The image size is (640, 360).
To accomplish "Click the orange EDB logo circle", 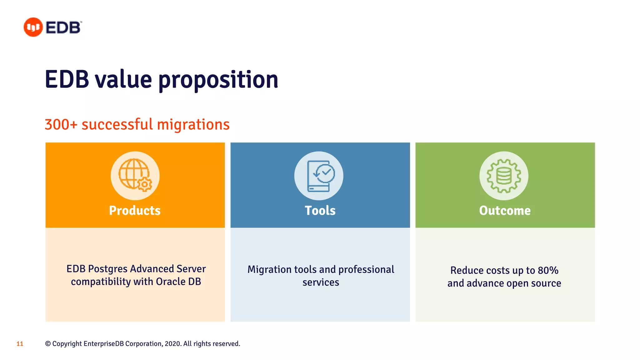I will click(x=33, y=27).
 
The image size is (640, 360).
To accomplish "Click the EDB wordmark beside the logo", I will click(x=63, y=27).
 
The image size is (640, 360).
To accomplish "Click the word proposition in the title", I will click(x=218, y=80).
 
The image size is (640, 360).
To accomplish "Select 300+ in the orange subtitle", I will click(x=61, y=124).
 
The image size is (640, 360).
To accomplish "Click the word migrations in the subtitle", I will click(x=193, y=124).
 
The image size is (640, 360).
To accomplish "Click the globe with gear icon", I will click(x=135, y=176).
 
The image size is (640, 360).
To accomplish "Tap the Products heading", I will click(x=135, y=211).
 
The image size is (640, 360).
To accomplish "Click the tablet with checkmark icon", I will click(x=319, y=176).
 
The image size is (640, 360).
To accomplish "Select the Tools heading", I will click(x=320, y=211).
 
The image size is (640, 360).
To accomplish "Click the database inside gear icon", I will click(x=504, y=176).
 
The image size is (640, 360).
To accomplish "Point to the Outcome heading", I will click(x=505, y=211).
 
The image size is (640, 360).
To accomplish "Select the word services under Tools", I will click(x=321, y=282).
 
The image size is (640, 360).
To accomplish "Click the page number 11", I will click(x=20, y=344).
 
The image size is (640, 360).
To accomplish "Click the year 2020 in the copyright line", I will click(x=172, y=344).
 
